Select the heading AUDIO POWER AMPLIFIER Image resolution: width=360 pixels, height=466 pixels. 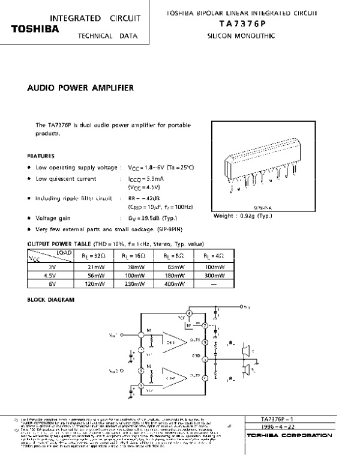81,88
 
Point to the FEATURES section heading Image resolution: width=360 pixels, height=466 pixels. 41,155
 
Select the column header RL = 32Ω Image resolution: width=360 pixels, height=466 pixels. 95,255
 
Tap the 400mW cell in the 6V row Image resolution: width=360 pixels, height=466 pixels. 173,283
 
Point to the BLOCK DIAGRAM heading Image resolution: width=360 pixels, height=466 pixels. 52,298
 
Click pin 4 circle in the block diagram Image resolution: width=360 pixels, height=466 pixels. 190,313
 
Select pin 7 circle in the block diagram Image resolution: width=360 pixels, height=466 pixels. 205,326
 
